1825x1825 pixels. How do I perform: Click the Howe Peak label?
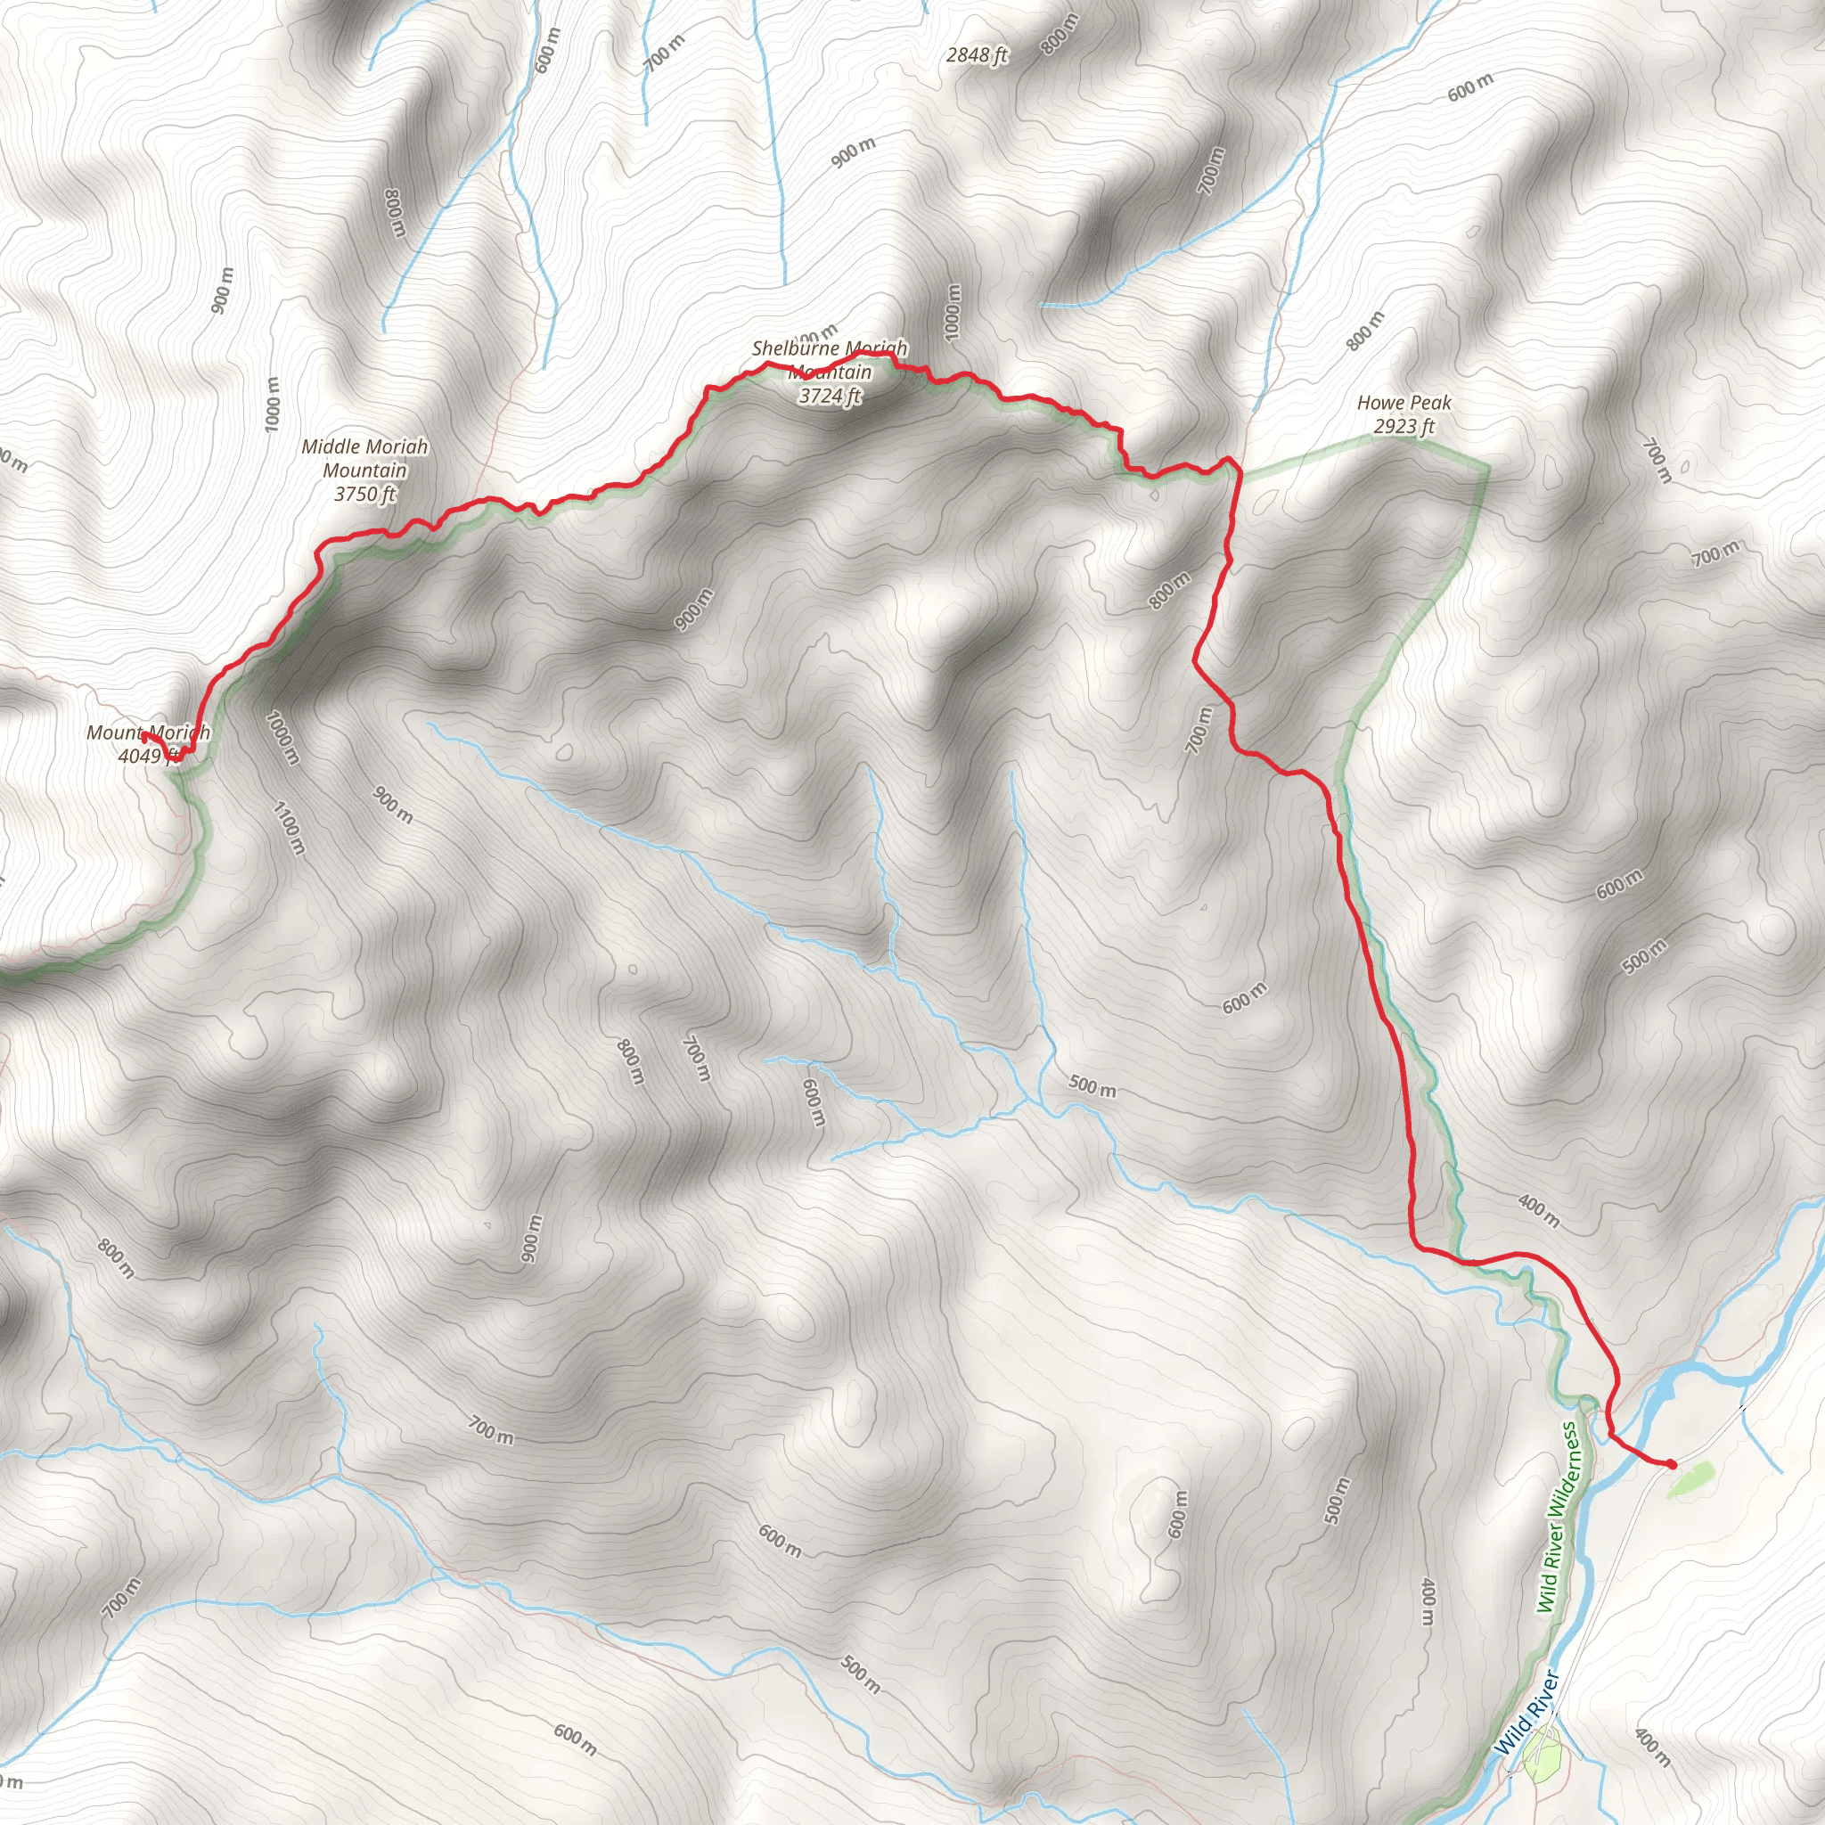click(1404, 404)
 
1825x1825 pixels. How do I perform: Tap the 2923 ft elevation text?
click(1404, 427)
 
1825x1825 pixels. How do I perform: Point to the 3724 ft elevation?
click(830, 397)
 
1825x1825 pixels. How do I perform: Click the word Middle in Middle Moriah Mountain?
click(330, 446)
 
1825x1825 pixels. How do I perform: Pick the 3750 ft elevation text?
click(364, 494)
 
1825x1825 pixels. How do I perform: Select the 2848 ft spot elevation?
click(977, 56)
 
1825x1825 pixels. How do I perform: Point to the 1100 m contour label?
click(288, 829)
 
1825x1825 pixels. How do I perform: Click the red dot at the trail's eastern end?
click(1671, 1465)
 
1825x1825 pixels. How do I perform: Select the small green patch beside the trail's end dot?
click(1687, 1480)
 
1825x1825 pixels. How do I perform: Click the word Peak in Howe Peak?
click(1429, 404)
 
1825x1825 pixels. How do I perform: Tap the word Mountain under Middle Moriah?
click(364, 471)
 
